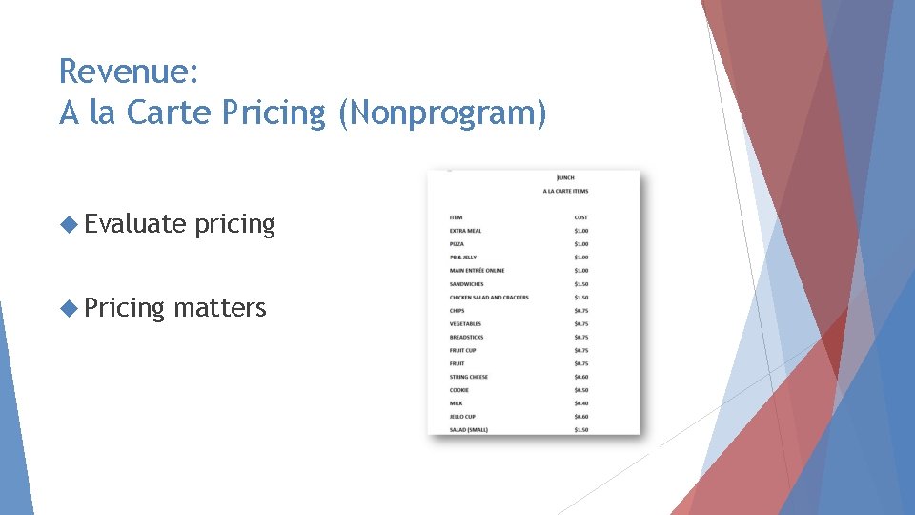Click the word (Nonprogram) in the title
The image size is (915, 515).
coord(443,113)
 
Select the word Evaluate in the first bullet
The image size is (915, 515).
coord(134,224)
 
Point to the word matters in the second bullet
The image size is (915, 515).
coord(220,308)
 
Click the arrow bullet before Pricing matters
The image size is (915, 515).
coord(68,308)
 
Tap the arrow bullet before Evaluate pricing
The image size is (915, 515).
coord(68,224)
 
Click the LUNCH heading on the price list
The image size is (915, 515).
coord(565,177)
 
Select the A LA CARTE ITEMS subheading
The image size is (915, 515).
coord(565,191)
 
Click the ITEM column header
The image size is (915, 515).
coord(457,217)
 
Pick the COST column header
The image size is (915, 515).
coord(581,217)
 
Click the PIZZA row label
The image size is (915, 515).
coord(457,244)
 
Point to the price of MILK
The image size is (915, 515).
coord(581,403)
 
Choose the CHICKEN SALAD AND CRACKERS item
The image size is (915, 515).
coord(489,298)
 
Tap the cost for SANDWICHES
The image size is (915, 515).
coord(581,284)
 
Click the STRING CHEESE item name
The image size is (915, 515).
coord(469,377)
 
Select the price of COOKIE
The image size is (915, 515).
coord(581,390)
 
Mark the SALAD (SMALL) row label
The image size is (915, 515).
coord(469,430)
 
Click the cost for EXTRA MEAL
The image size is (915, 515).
coord(581,231)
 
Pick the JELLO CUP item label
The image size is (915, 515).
coord(462,417)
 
